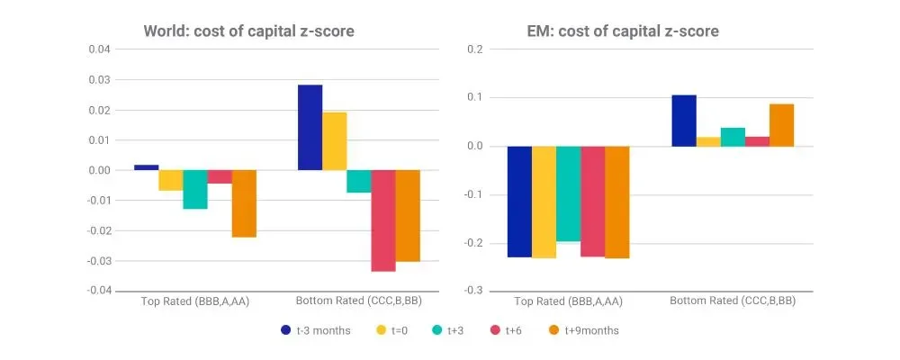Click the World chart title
pyautogui.click(x=249, y=31)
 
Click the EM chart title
pyautogui.click(x=623, y=31)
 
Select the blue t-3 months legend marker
pyautogui.click(x=285, y=330)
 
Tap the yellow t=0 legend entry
pyautogui.click(x=382, y=330)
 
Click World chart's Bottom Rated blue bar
pyautogui.click(x=310, y=127)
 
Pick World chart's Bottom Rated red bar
pyautogui.click(x=383, y=220)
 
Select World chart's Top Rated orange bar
pyautogui.click(x=244, y=203)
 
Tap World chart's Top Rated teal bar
pyautogui.click(x=195, y=189)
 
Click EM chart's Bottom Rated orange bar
pyautogui.click(x=781, y=125)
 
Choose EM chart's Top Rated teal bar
pyautogui.click(x=568, y=193)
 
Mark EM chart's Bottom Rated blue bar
pyautogui.click(x=684, y=121)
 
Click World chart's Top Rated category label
pyautogui.click(x=195, y=301)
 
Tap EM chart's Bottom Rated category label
pyautogui.click(x=733, y=301)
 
